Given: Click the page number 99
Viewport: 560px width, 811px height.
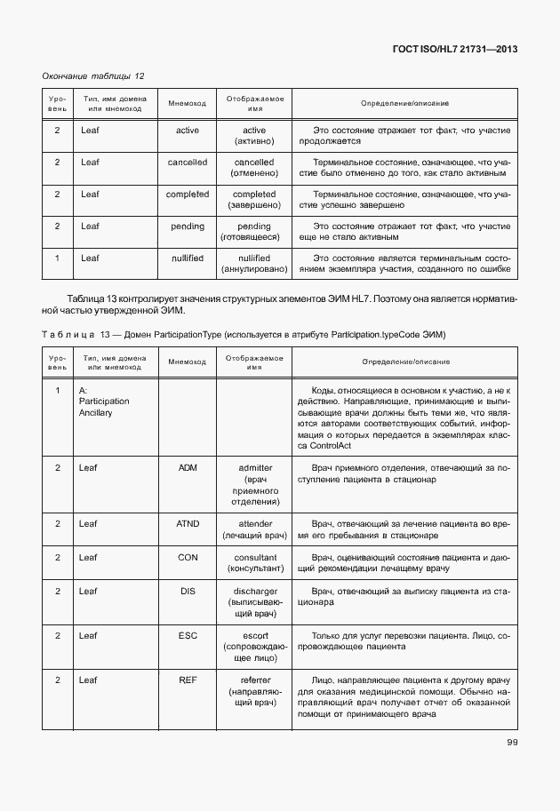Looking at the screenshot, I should [513, 743].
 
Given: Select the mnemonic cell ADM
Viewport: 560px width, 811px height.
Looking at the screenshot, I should [188, 467].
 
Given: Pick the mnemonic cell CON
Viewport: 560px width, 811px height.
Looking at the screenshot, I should [188, 557].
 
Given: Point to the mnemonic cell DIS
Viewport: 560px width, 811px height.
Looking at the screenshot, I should [188, 591].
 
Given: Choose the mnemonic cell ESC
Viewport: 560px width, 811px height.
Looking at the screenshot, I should [188, 636].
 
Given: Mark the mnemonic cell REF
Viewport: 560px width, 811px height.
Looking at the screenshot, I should [188, 680].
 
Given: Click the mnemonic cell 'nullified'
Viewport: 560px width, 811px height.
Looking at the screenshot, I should [188, 258].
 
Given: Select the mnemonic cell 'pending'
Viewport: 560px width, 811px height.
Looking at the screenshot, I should [188, 226].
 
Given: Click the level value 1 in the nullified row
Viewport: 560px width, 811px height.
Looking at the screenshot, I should [57, 258].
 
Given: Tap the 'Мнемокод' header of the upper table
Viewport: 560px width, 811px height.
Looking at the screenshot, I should [188, 104].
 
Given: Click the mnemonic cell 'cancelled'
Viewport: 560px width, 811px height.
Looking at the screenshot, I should [188, 162].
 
